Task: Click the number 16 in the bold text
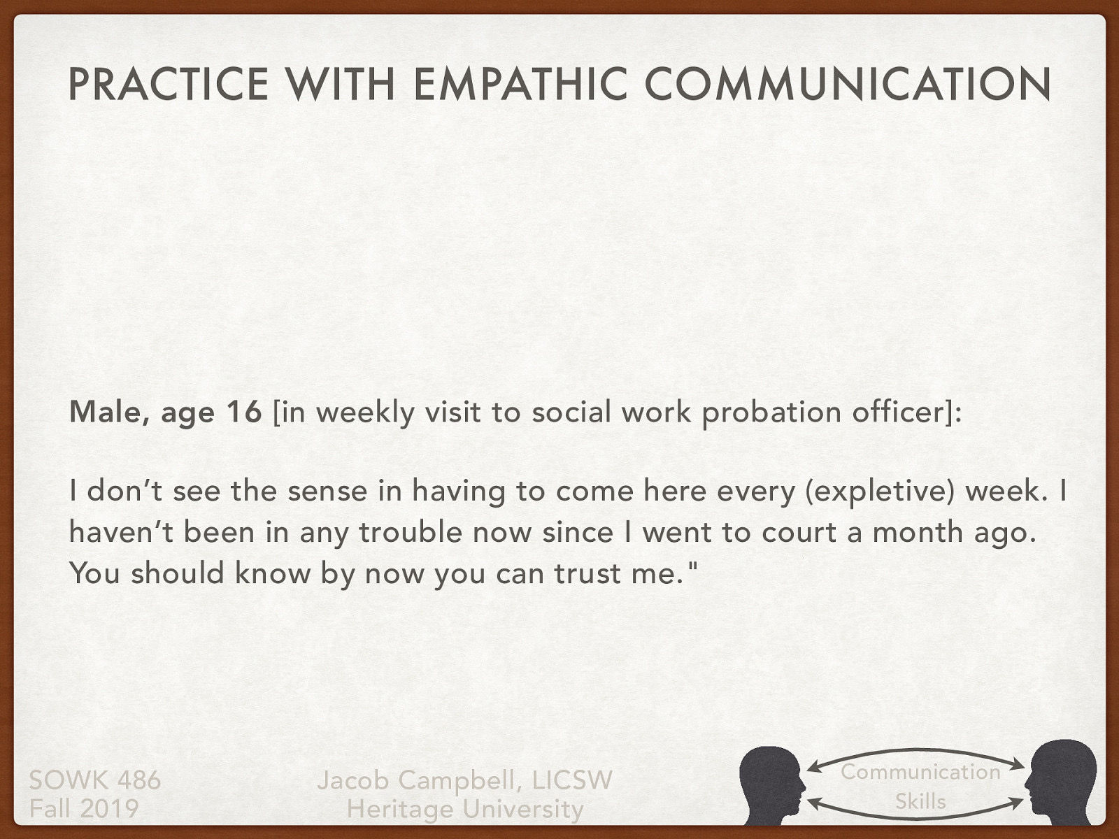click(x=243, y=413)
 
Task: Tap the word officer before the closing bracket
click(x=897, y=413)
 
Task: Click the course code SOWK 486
click(x=95, y=780)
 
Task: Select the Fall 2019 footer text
click(x=84, y=809)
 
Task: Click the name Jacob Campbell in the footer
click(x=418, y=780)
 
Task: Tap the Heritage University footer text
click(x=465, y=809)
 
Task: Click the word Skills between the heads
click(x=920, y=801)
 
